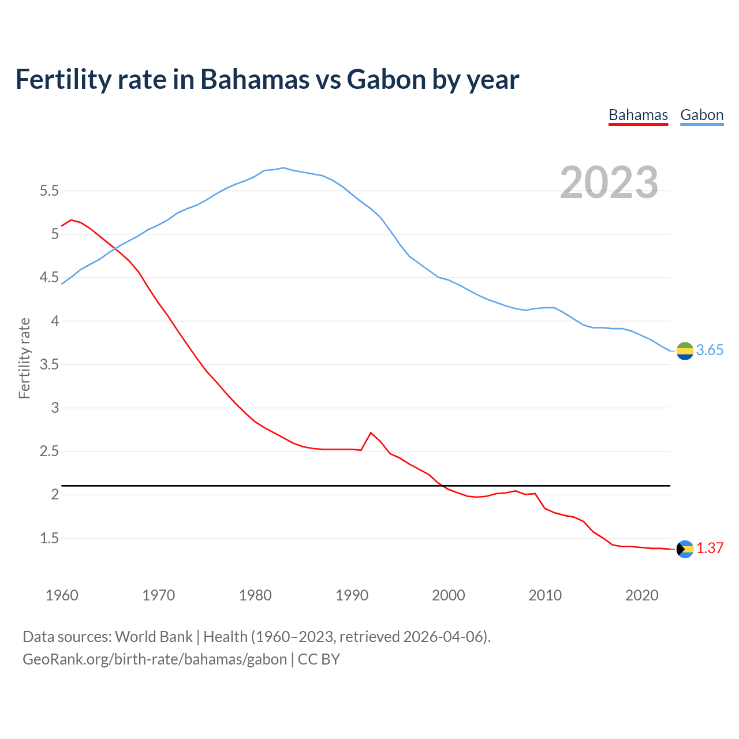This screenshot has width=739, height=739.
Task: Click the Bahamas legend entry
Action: point(638,115)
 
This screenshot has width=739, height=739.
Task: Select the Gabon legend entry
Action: point(701,115)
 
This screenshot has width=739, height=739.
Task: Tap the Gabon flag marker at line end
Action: point(685,350)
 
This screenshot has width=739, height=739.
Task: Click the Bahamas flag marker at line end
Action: point(685,548)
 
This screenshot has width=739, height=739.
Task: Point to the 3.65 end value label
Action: point(710,350)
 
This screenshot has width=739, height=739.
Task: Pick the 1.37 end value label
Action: point(710,548)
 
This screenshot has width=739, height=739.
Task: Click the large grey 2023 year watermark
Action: point(609,182)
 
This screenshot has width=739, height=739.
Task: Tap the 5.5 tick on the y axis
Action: point(49,191)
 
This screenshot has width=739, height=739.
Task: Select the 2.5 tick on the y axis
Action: point(49,451)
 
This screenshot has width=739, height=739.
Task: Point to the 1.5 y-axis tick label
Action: point(49,539)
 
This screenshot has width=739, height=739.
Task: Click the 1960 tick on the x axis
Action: point(62,595)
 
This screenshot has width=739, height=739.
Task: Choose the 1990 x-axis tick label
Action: point(352,595)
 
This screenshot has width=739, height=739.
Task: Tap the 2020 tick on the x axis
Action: point(641,595)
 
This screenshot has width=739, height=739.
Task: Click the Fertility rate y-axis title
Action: point(24,358)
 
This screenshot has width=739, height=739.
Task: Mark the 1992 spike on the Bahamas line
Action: point(371,432)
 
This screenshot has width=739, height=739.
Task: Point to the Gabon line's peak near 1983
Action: point(283,168)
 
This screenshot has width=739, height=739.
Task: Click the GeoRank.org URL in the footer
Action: point(155,659)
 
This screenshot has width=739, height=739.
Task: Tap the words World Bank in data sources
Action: point(154,637)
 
